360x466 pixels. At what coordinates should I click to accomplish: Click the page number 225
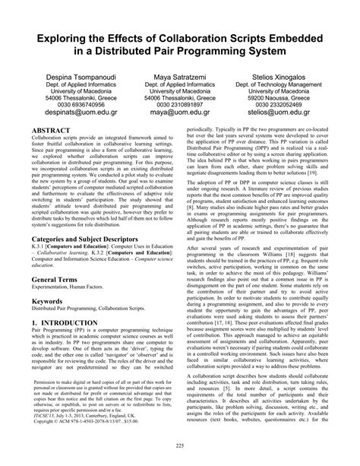pyautogui.click(x=180, y=445)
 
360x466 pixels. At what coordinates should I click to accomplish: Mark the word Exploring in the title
pyautogui.click(x=58, y=36)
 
